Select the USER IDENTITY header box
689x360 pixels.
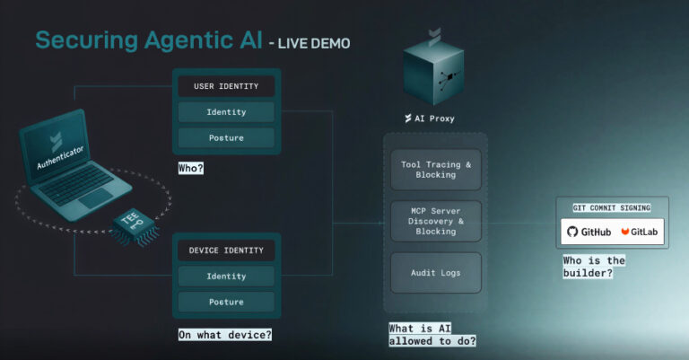[226, 87]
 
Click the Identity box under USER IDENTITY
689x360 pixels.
[226, 112]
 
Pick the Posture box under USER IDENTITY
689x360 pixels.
[226, 137]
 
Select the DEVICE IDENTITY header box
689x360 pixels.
[226, 250]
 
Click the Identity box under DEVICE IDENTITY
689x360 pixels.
[226, 276]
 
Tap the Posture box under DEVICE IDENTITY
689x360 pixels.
[226, 302]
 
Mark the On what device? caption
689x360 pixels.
[224, 335]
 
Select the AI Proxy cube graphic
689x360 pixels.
[433, 73]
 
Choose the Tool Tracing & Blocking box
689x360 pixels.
[435, 170]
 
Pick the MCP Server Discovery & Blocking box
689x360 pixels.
[435, 220]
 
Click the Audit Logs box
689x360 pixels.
[435, 271]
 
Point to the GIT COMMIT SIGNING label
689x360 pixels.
[610, 207]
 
